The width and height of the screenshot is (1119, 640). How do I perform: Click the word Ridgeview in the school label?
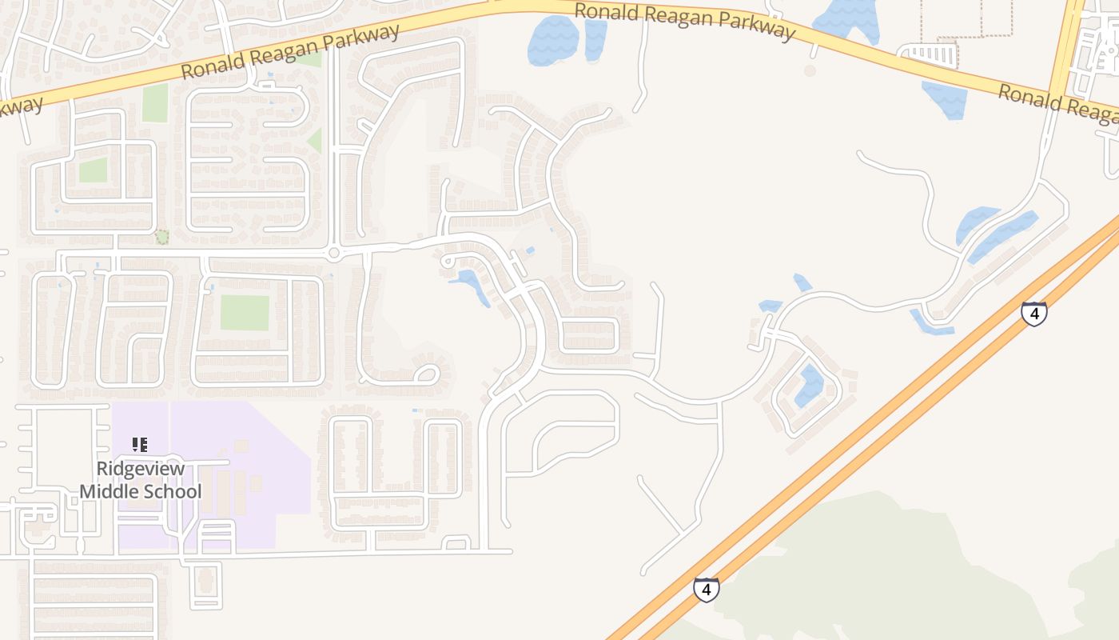pos(140,470)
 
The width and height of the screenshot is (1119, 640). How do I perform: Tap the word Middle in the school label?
pos(106,492)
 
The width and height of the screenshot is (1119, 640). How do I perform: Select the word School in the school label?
pos(170,492)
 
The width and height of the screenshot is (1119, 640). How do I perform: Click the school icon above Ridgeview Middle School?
pos(140,444)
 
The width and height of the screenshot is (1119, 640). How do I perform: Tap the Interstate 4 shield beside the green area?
pos(706,590)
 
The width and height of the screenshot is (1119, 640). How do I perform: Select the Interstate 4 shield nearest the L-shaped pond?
pos(1034,314)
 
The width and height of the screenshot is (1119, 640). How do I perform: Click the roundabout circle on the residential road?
pos(333,254)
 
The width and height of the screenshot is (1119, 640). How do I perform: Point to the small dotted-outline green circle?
pos(162,237)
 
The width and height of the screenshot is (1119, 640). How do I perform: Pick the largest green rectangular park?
pos(245,313)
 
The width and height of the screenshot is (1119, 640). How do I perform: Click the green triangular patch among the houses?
pos(316,141)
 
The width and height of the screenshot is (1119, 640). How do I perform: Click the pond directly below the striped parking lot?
pos(945,99)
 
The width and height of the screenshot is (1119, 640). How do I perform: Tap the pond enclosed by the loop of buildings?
pos(810,386)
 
